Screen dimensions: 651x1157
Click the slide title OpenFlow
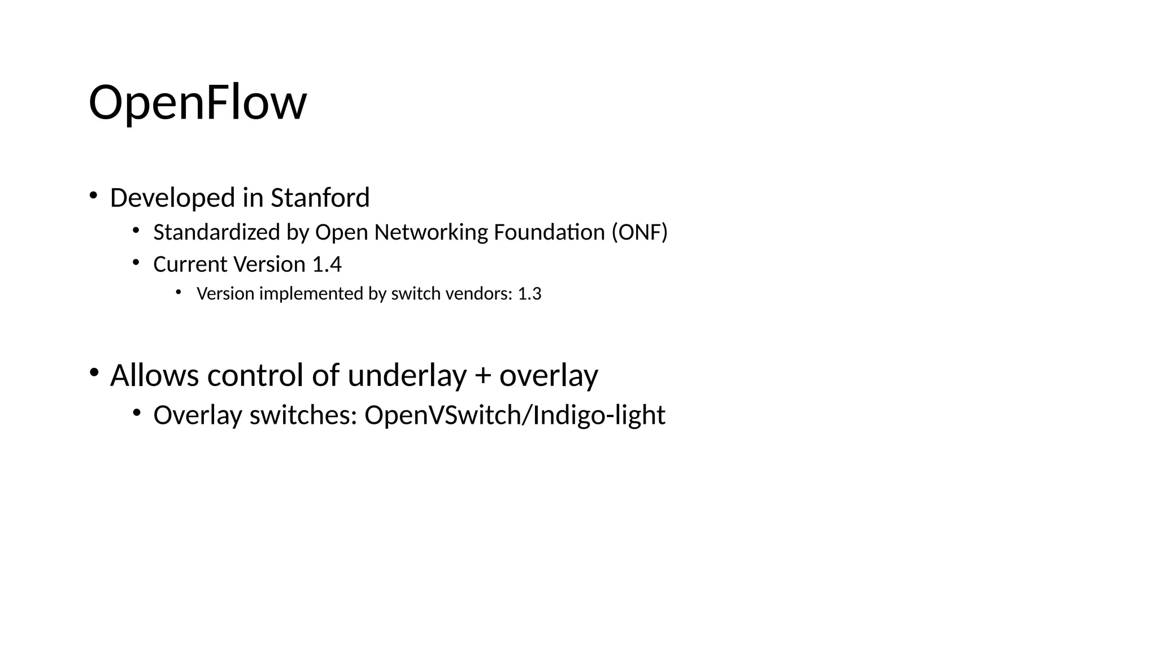tap(197, 103)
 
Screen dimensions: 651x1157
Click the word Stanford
tap(320, 198)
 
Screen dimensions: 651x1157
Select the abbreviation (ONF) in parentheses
tap(640, 232)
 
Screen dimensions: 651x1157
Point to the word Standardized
tap(217, 232)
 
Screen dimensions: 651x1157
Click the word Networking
tap(430, 232)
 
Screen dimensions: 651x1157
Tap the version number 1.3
tap(529, 294)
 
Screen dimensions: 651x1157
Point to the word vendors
tap(479, 294)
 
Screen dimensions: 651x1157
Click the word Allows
tap(154, 375)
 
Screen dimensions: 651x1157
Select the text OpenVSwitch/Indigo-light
tap(515, 416)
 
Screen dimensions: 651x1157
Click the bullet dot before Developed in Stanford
tap(93, 196)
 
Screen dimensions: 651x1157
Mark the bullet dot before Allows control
tap(94, 372)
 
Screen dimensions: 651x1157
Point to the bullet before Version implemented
tap(179, 292)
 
